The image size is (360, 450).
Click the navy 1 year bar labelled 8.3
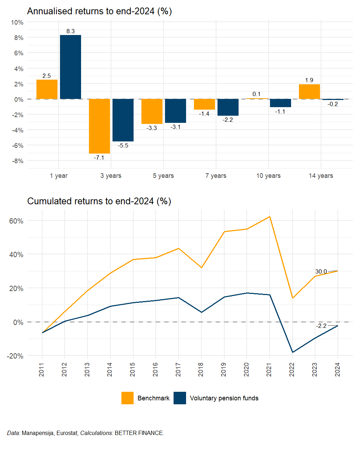(x=70, y=67)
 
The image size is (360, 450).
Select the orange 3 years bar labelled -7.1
(x=99, y=126)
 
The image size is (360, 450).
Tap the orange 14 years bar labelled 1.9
(x=309, y=92)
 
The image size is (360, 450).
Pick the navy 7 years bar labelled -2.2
(x=228, y=107)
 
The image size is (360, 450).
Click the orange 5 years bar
(x=152, y=111)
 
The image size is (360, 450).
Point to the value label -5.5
(x=123, y=146)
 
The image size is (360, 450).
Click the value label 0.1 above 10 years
(x=256, y=94)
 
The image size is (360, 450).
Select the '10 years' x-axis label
(x=268, y=176)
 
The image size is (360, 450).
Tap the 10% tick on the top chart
(x=17, y=22)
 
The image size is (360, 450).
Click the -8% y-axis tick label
(x=17, y=161)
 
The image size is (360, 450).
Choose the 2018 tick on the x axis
(x=201, y=369)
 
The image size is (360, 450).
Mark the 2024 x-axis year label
(x=337, y=369)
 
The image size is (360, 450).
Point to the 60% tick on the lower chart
(x=16, y=221)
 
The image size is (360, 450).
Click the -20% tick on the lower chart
(x=15, y=356)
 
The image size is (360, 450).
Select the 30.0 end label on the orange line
(x=321, y=272)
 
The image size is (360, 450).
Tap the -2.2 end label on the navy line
(x=321, y=326)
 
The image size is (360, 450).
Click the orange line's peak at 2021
(x=270, y=216)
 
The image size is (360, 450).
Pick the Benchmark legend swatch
(x=127, y=398)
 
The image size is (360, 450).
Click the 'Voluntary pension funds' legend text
(x=224, y=398)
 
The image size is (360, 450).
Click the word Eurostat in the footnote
(x=67, y=433)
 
